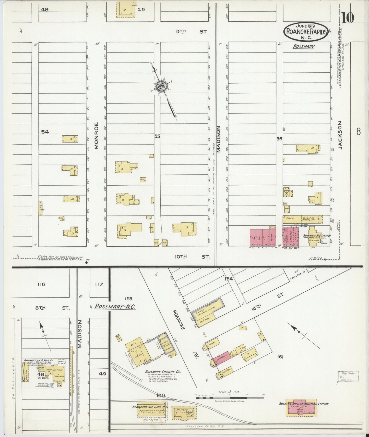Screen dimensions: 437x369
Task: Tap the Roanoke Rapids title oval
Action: click(x=305, y=32)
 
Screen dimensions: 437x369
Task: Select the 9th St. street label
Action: click(x=192, y=32)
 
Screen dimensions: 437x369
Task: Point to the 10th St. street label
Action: click(x=192, y=257)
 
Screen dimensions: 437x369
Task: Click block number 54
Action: click(x=45, y=132)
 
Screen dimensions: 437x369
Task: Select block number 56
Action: click(x=279, y=139)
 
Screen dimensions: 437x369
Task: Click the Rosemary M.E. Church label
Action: click(x=317, y=235)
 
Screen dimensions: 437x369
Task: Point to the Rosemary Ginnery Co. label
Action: click(x=163, y=372)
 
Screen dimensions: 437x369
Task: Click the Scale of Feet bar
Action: click(x=230, y=397)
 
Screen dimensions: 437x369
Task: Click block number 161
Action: click(x=280, y=357)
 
